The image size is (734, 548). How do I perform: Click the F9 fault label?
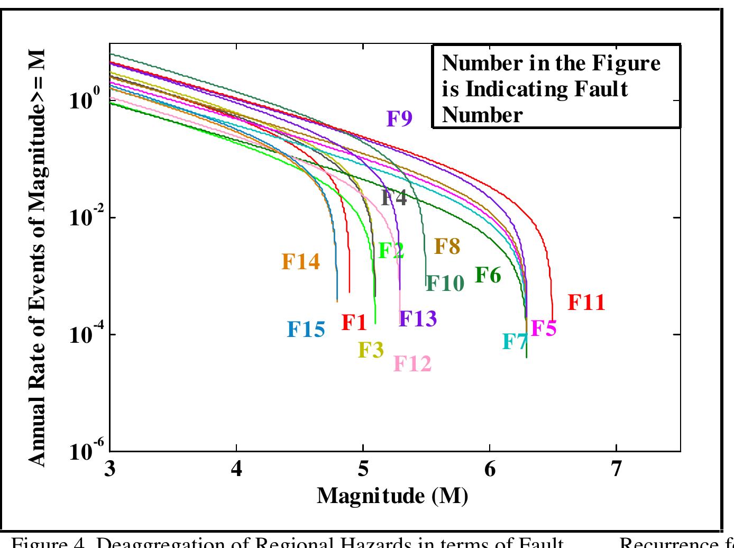(x=399, y=118)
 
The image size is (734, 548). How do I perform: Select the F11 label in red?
(x=586, y=303)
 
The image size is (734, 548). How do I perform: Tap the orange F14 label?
(x=300, y=261)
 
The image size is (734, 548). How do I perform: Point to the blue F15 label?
(x=306, y=330)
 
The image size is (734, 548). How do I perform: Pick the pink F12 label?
(x=412, y=363)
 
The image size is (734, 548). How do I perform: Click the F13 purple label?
(x=418, y=318)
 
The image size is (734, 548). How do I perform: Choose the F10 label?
(x=445, y=284)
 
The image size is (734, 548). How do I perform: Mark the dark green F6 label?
(x=488, y=275)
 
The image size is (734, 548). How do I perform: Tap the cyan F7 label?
(x=515, y=342)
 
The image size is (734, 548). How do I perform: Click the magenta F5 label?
(x=544, y=328)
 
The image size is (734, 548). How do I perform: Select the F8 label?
(x=447, y=246)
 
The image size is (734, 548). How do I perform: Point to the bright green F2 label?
(x=391, y=250)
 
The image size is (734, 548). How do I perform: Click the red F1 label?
(x=354, y=322)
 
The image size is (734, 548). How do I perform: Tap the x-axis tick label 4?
(x=236, y=468)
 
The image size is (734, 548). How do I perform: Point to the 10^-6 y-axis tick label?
(x=84, y=451)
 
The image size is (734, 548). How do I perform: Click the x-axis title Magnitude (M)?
(x=392, y=496)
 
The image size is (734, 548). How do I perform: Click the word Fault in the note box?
(x=600, y=89)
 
